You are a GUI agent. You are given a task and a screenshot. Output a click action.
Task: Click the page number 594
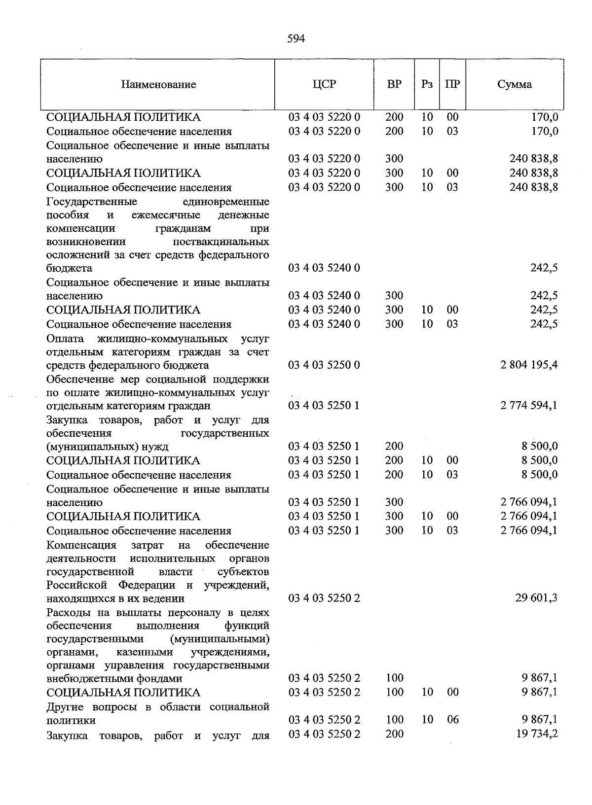[x=296, y=38]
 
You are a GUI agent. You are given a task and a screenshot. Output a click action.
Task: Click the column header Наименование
[x=158, y=84]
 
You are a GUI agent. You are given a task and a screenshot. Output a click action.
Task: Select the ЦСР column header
[x=324, y=84]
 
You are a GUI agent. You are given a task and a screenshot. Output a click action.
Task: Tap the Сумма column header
[x=515, y=84]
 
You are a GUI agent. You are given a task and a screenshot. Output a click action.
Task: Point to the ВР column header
[x=394, y=84]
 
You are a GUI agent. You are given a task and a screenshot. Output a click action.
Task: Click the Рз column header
[x=427, y=84]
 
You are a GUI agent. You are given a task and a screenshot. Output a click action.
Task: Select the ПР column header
[x=452, y=84]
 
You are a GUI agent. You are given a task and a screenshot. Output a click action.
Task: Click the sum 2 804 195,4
[x=529, y=365]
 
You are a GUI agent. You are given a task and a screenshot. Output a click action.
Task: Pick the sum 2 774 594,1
[x=529, y=406]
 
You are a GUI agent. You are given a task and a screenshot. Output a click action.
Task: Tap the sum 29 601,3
[x=537, y=598]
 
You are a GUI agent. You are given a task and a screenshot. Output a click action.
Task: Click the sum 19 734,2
[x=537, y=734]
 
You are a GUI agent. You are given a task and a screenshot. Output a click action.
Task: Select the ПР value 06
[x=452, y=720]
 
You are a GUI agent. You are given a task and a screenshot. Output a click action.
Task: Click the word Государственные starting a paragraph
[x=92, y=202]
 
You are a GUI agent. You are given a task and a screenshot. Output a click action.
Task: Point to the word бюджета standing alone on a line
[x=69, y=269]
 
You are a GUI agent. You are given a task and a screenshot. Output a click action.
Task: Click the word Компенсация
[x=81, y=545]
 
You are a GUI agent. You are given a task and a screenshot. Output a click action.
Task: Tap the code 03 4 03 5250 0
[x=324, y=365]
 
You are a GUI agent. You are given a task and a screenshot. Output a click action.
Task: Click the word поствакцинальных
[x=221, y=242]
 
